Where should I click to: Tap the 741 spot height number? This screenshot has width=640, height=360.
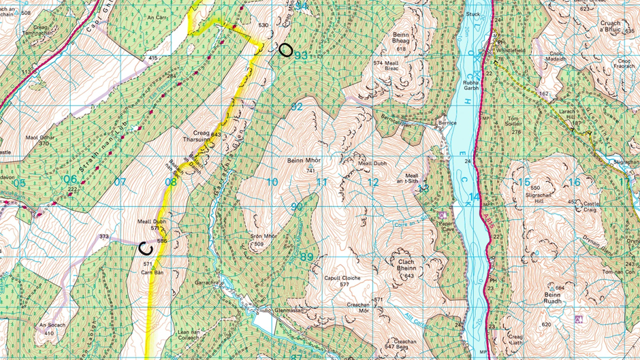[x=310, y=171]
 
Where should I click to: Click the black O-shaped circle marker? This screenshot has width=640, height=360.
[x=286, y=49]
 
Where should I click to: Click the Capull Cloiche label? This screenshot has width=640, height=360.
[x=342, y=278]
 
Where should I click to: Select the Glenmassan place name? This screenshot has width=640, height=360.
[x=289, y=309]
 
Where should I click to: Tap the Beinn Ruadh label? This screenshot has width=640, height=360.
[x=551, y=295]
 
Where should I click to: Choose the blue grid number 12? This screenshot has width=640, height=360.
[x=373, y=182]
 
